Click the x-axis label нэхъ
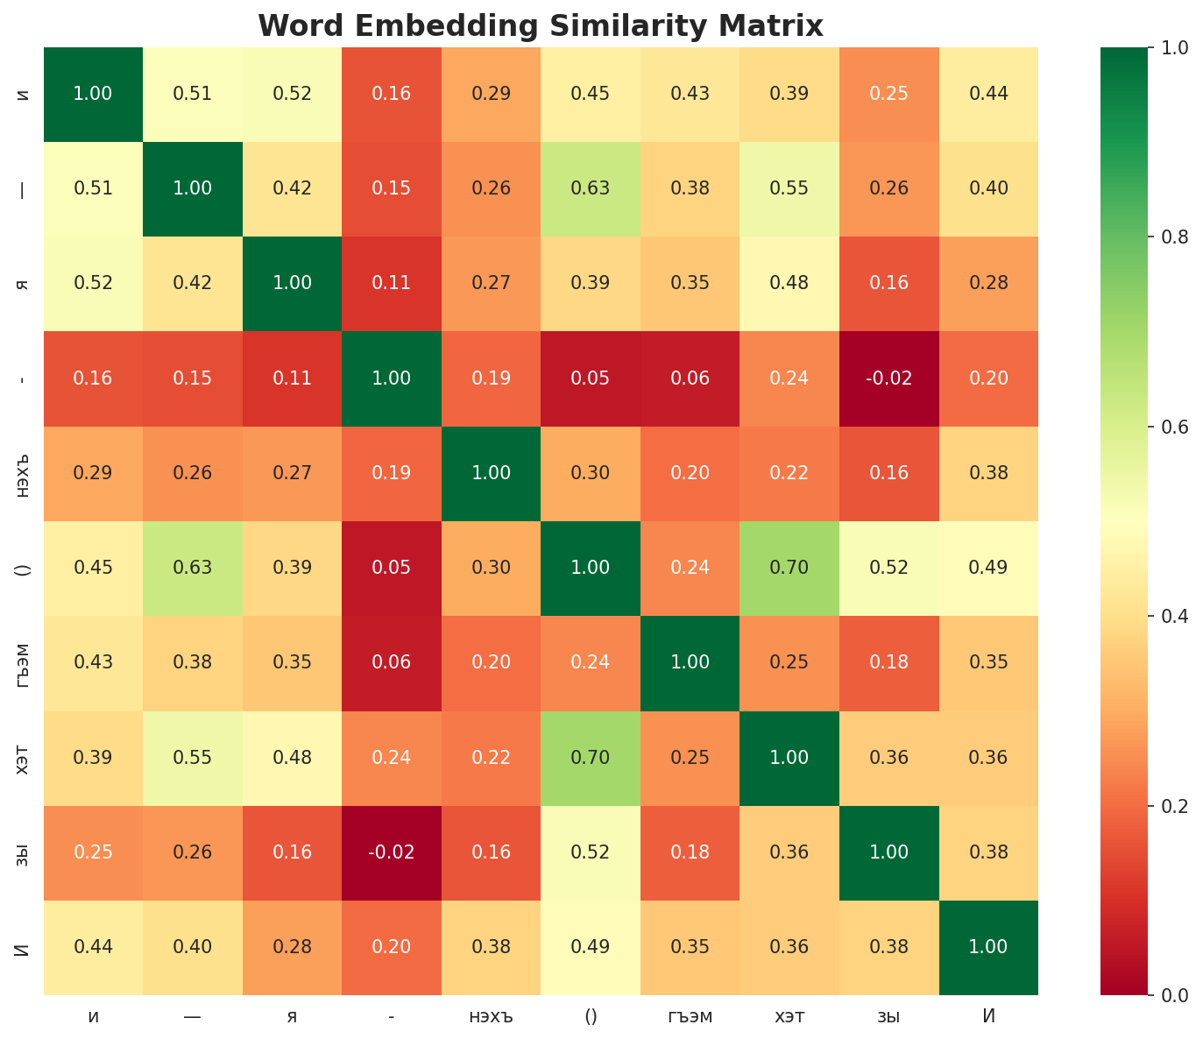pos(491,1016)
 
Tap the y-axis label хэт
pos(24,758)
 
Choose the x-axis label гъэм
pos(690,1016)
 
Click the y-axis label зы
pos(24,852)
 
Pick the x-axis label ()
pos(591,1016)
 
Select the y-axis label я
pos(24,283)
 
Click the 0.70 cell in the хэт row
pos(591,758)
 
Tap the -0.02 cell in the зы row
pos(392,852)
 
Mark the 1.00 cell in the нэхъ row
pos(491,473)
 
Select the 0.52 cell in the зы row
pos(591,852)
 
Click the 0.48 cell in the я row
pos(789,283)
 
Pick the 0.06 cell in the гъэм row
pos(392,663)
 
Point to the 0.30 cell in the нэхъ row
pos(591,473)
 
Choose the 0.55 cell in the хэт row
pos(193,758)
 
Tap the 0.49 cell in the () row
pos(988,568)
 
